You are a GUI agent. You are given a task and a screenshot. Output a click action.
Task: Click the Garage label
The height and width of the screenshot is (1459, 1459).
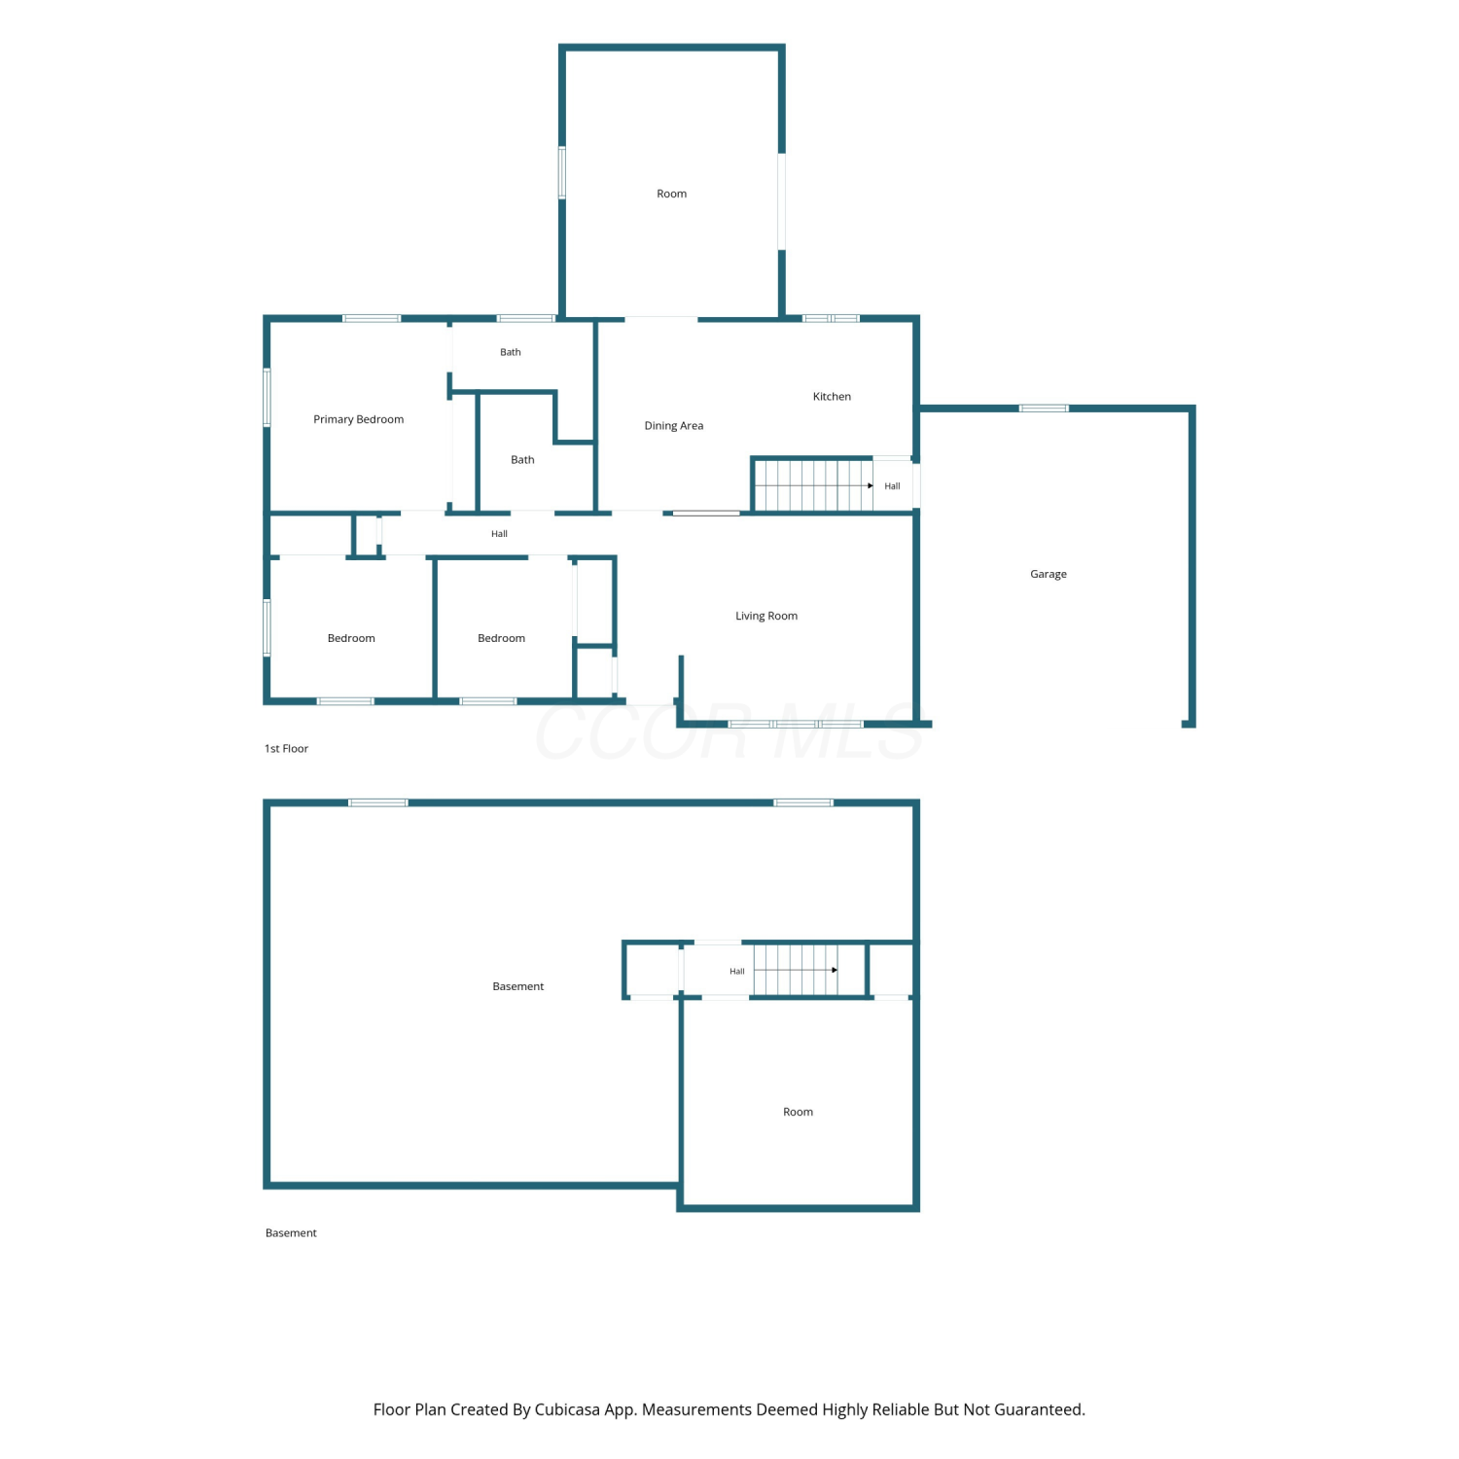tap(1049, 574)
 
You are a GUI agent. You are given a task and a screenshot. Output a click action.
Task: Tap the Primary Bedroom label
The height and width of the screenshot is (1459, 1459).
tap(358, 419)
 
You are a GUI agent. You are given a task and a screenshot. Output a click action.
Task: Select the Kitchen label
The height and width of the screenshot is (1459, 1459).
tap(832, 396)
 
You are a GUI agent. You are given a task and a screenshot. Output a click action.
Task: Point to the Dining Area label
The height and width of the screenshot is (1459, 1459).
tap(673, 426)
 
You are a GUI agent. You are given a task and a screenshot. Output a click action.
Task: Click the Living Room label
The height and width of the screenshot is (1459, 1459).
tap(766, 616)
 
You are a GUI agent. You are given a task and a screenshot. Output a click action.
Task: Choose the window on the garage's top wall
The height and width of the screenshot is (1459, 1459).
tap(1044, 409)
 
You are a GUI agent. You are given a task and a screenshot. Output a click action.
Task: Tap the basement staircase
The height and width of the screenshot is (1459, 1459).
tap(796, 970)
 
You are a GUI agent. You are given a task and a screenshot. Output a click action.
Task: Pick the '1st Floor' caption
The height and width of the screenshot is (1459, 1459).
tap(286, 749)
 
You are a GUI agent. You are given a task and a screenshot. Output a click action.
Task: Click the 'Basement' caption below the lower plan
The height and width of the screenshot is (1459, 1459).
tap(291, 1233)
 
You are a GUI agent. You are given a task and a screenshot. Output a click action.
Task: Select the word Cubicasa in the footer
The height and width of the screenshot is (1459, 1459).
tap(567, 1409)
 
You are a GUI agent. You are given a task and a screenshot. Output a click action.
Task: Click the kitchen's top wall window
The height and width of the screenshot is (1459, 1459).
tap(831, 318)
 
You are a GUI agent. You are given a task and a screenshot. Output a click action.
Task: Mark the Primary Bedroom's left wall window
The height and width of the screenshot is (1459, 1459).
tap(267, 396)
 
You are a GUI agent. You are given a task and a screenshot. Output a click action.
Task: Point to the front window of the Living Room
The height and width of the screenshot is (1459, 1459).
tap(796, 725)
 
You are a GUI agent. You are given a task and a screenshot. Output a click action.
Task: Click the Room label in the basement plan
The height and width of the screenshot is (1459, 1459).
tap(798, 1112)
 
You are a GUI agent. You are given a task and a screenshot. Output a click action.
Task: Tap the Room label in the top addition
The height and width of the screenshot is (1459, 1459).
tap(671, 194)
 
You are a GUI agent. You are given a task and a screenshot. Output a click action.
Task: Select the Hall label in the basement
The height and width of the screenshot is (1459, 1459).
tap(737, 972)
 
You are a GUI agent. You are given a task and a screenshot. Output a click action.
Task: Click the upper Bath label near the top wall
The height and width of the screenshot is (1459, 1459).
tap(511, 352)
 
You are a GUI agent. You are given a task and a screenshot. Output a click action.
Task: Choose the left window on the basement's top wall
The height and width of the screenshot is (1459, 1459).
tap(378, 802)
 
